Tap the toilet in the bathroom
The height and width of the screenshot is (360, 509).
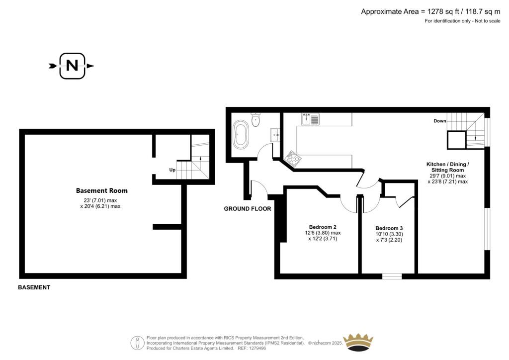(x=256, y=120)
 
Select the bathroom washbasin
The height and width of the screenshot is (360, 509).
(x=275, y=135)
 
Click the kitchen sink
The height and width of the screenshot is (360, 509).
(x=310, y=119)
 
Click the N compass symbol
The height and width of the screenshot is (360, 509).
(x=72, y=66)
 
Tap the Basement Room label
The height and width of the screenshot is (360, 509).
(x=101, y=190)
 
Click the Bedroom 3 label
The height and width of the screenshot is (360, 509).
(x=389, y=228)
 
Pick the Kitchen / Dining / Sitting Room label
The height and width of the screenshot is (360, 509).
(x=448, y=167)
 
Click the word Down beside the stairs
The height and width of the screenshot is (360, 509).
(x=440, y=121)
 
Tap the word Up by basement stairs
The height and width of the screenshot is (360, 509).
(x=172, y=170)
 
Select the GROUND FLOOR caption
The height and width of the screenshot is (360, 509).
(x=248, y=209)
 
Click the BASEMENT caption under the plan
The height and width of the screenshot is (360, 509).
(x=34, y=287)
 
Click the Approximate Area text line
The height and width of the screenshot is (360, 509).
(x=431, y=12)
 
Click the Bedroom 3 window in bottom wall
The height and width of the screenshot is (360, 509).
(x=392, y=276)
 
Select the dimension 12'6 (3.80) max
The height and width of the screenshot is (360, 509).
(x=323, y=233)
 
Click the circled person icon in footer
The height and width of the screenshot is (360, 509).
(x=138, y=343)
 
